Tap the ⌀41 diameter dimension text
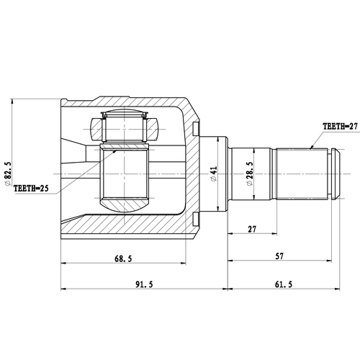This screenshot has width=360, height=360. point(213,174)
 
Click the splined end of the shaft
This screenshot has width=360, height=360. point(302,174)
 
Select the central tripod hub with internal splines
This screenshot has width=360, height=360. point(123,174)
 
